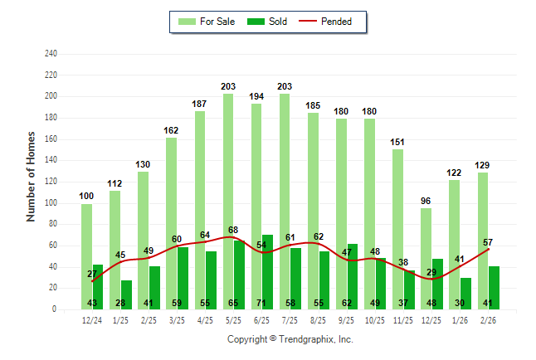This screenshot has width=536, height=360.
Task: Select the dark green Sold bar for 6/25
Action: [267, 265]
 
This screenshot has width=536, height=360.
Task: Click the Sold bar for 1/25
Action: [126, 290]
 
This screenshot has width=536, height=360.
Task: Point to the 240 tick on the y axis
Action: [51, 54]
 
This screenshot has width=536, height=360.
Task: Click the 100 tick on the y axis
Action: [51, 203]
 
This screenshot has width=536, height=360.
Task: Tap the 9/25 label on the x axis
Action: [346, 320]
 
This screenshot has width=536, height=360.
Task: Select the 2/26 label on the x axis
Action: [488, 320]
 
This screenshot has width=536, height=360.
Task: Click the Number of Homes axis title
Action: [32, 176]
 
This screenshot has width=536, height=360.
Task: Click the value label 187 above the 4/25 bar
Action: [199, 104]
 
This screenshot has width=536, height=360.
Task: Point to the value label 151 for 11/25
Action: [397, 142]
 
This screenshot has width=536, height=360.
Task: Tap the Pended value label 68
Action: [233, 230]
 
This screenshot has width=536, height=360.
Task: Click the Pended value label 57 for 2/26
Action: [488, 241]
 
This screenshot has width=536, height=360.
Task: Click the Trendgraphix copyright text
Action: [290, 339]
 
